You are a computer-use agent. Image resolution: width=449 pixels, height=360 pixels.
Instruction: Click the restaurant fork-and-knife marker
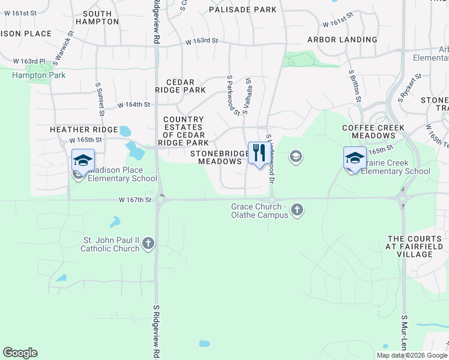pos(259,153)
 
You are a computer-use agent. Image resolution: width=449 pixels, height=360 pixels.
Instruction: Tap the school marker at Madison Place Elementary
pos(83,160)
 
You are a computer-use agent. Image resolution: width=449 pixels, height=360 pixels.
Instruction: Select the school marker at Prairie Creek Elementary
pos(355,158)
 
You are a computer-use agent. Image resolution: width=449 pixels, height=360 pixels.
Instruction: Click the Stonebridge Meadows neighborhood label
pos(220,157)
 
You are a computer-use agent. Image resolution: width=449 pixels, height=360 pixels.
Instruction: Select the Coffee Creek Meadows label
pos(373,132)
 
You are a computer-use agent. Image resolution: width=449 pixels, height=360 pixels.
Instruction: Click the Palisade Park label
pos(243,10)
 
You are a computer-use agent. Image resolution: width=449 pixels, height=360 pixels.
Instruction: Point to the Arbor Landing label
pos(342,40)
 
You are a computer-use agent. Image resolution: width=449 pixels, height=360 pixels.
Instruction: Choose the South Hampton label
pos(98,17)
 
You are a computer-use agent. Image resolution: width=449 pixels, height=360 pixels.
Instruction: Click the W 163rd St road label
pos(201,41)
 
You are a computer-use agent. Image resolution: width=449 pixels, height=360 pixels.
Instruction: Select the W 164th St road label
pos(133,104)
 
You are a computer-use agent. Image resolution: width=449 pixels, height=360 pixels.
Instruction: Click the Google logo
pos(20,353)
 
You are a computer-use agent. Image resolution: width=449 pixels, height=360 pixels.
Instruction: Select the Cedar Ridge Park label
pos(180,86)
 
